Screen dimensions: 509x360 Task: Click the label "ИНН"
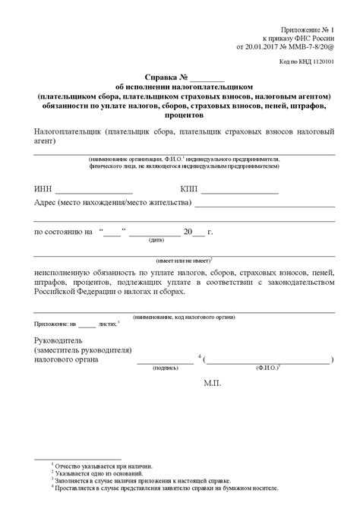[x=43, y=188]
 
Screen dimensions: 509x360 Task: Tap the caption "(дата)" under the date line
[x=156, y=239]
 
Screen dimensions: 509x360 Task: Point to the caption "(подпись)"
[x=166, y=367]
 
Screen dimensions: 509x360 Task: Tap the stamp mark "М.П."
[x=212, y=385]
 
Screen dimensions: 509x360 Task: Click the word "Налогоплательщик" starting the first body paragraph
[x=68, y=131]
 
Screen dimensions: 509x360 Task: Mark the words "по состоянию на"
[x=64, y=231]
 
